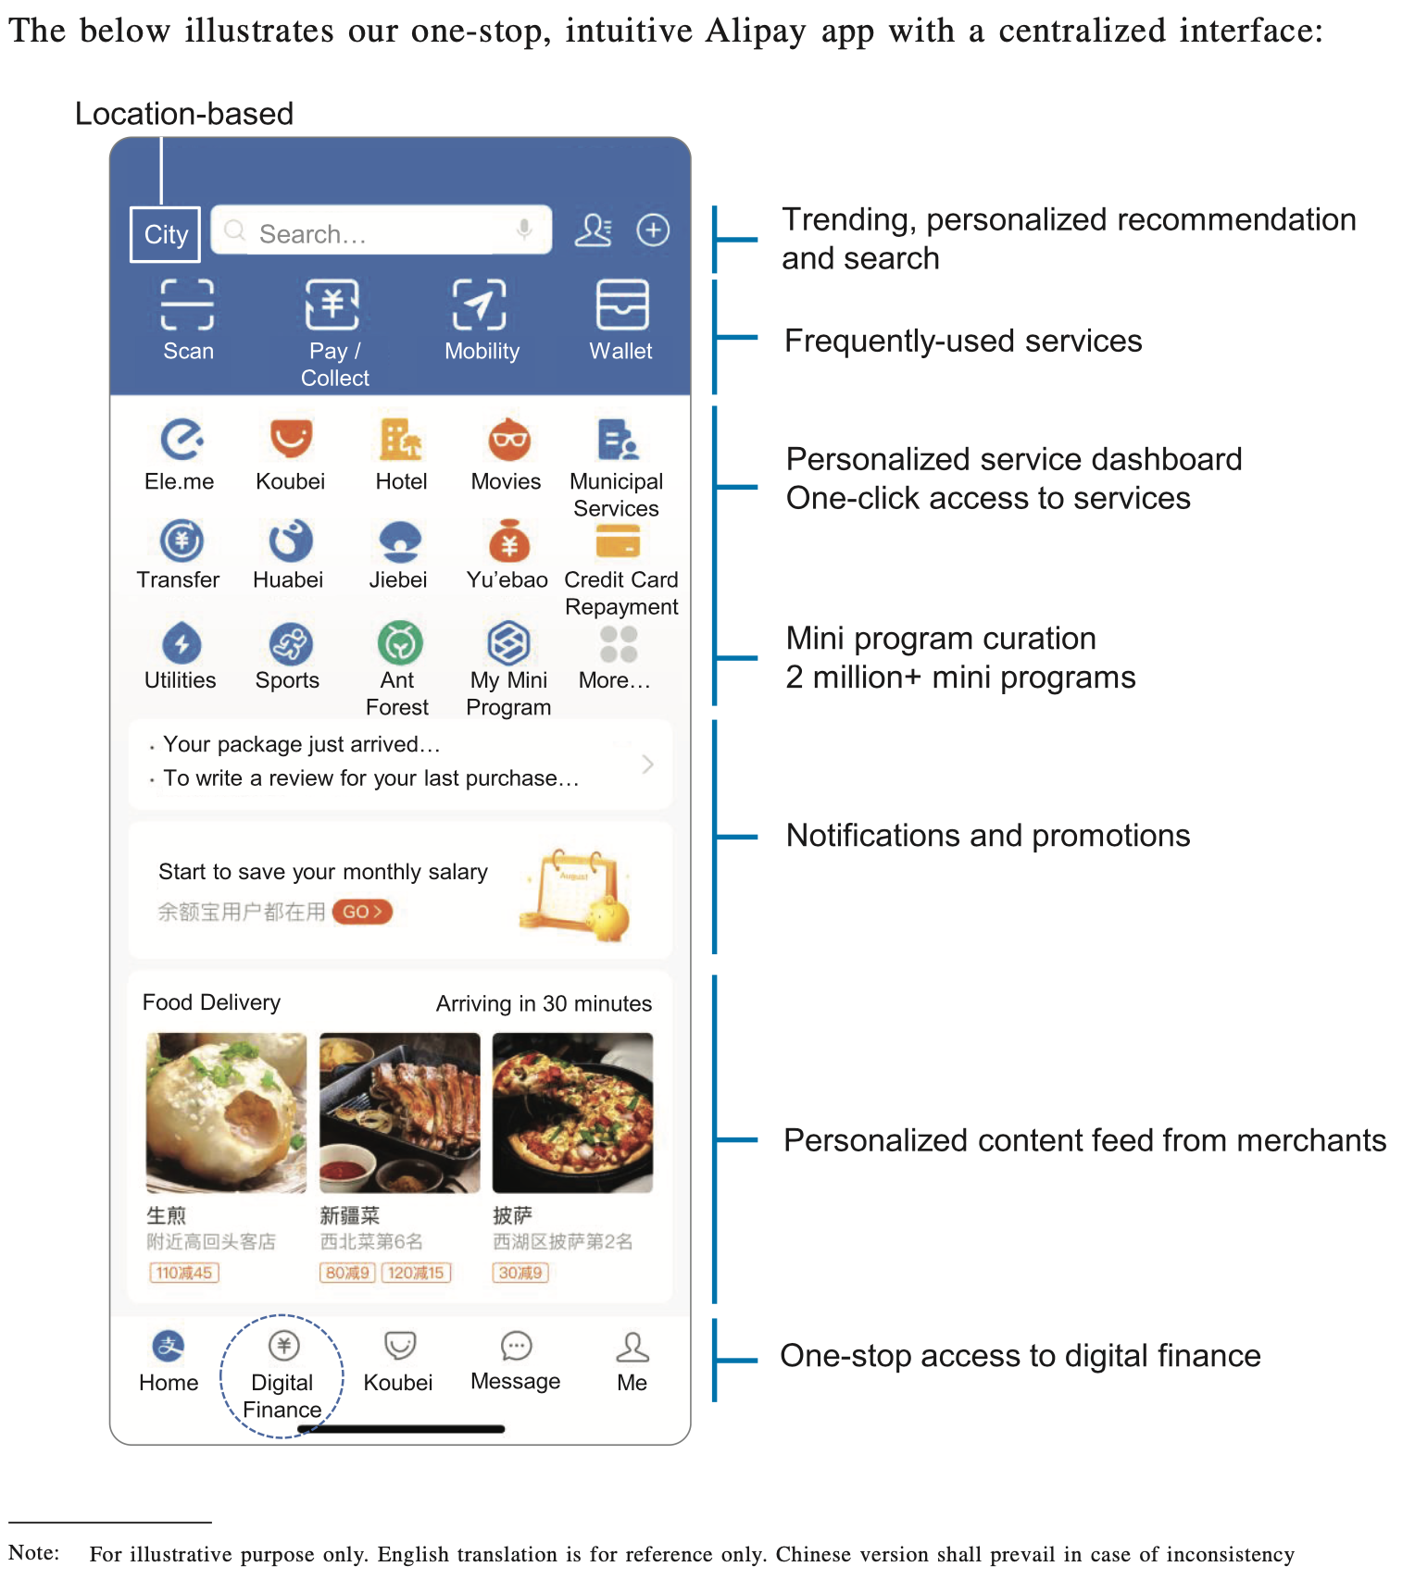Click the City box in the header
click(x=166, y=235)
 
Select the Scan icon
click(x=187, y=305)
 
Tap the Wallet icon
click(x=621, y=305)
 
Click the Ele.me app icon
click(x=182, y=440)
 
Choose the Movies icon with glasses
click(x=508, y=440)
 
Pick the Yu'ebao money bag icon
click(x=508, y=541)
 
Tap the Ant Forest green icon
click(x=400, y=643)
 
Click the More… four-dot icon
click(x=618, y=644)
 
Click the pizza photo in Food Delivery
click(x=572, y=1113)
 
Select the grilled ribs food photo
click(x=399, y=1113)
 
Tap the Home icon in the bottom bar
click(x=169, y=1347)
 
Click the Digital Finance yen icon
click(x=283, y=1346)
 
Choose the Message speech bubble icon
click(x=516, y=1347)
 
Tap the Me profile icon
click(x=632, y=1348)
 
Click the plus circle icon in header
click(x=653, y=230)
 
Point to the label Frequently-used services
click(x=962, y=342)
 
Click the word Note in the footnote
click(x=33, y=1552)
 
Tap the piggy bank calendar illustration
click(x=577, y=894)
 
